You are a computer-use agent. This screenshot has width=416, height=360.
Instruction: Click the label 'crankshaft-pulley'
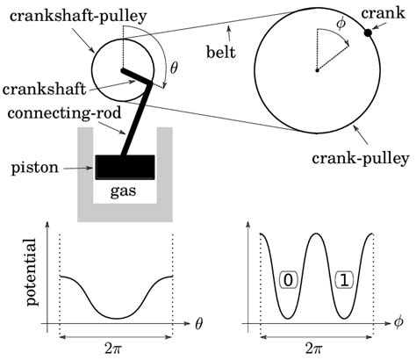(x=75, y=15)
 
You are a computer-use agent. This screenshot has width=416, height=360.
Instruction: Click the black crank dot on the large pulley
(x=368, y=33)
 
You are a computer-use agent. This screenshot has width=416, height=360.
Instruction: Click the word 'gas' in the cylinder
(x=126, y=190)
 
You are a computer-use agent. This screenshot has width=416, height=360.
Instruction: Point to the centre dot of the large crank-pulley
(x=316, y=69)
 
